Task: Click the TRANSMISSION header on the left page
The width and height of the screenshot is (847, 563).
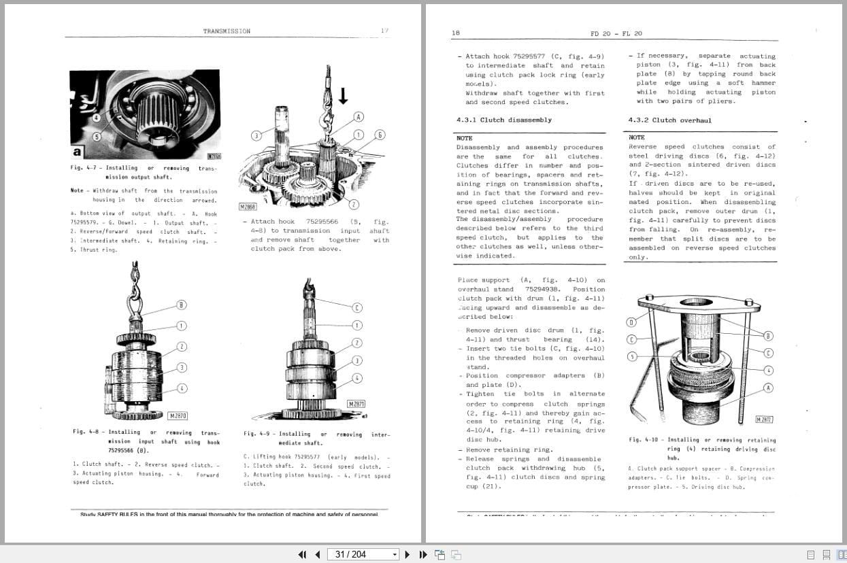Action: coord(227,31)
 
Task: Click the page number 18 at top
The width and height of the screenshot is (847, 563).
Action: coord(456,33)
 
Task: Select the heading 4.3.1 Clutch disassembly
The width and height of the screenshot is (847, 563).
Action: coord(504,120)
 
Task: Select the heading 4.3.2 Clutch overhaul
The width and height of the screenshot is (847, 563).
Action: coord(669,120)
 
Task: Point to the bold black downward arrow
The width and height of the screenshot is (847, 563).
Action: coord(343,97)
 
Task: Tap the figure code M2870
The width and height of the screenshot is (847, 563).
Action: coord(178,415)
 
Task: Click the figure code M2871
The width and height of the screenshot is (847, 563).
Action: coord(356,404)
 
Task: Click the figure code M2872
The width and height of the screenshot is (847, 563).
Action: coord(763,420)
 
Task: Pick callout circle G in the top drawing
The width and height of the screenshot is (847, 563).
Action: coord(380,135)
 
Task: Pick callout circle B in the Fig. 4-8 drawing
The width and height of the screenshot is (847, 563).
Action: coord(182,305)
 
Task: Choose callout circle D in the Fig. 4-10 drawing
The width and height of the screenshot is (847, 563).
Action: coord(631,322)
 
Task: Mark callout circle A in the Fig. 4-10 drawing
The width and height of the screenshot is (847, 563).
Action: coord(769,388)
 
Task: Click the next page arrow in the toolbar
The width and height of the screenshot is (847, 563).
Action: coord(408,554)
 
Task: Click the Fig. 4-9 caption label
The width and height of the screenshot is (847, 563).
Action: coord(259,434)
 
